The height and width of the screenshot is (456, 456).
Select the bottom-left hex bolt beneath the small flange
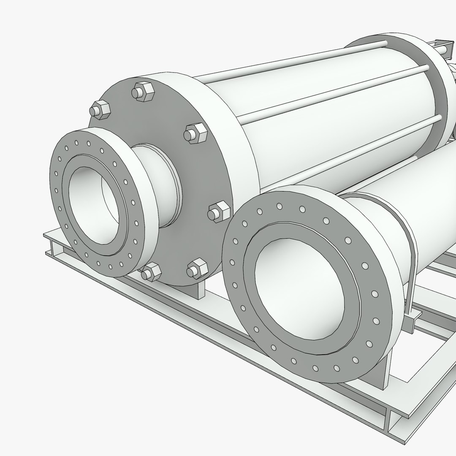[x=151, y=271]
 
